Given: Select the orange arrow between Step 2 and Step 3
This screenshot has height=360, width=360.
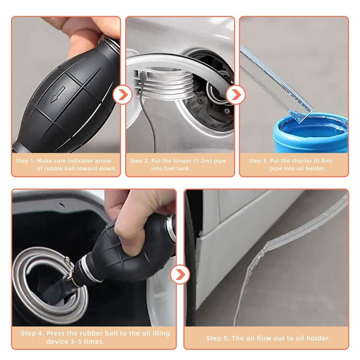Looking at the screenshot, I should click(234, 95).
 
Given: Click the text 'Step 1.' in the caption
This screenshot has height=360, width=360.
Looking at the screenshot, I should click(26, 161).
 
